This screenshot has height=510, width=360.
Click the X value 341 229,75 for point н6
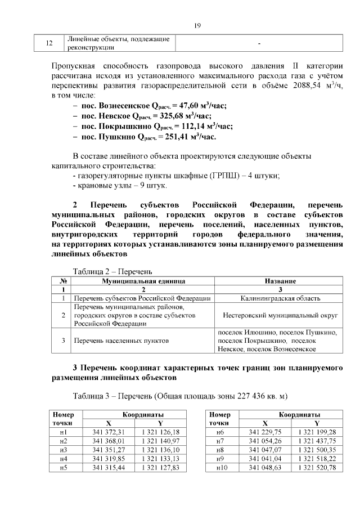(x=265, y=432)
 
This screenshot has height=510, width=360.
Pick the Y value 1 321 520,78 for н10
(x=317, y=468)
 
